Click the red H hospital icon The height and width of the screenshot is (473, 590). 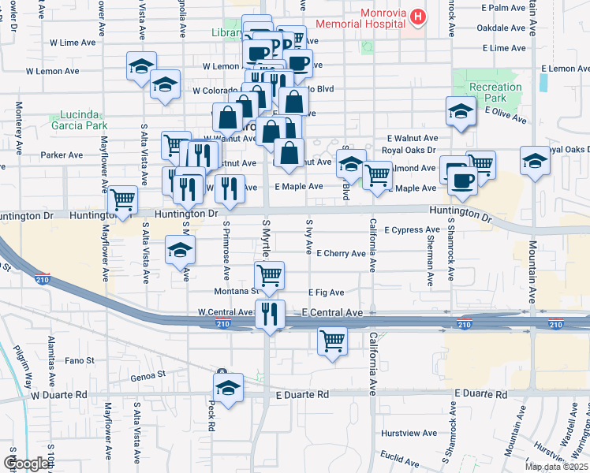click(418, 15)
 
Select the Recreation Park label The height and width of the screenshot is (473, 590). click(495, 92)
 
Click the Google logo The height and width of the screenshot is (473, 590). click(27, 464)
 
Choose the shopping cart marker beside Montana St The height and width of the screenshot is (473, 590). click(270, 275)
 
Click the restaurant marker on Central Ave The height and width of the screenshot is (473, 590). click(270, 314)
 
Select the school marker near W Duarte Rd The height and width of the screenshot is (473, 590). click(228, 388)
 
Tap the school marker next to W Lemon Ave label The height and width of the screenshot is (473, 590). click(141, 66)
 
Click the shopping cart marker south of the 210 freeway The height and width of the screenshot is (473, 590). click(332, 341)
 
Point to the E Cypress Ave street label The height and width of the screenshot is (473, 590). click(411, 230)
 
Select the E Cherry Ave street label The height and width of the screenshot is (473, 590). click(341, 254)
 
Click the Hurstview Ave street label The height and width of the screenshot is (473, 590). click(408, 433)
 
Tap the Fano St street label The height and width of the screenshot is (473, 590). click(80, 360)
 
